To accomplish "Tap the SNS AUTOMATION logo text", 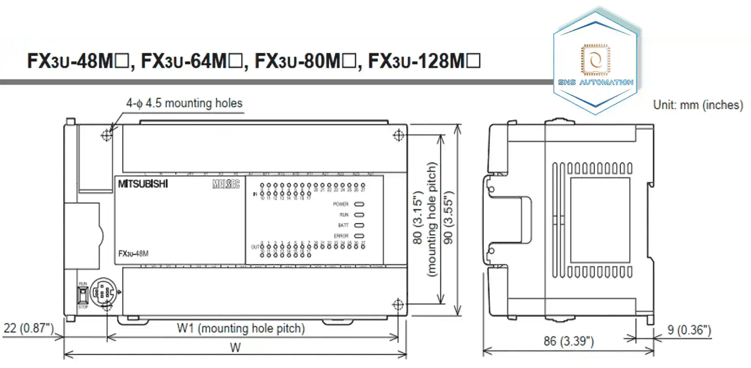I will coord(595,82).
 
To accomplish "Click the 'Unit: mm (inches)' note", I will coord(698,105).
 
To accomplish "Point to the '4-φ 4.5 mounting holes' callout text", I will coord(184,103).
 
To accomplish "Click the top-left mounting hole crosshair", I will coord(106,135).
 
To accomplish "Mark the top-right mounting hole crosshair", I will coord(399,135).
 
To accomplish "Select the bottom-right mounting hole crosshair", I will coord(398,305).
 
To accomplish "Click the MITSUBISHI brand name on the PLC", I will coord(143,184).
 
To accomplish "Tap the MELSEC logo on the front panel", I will coord(226,184).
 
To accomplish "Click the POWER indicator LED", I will coord(359,204).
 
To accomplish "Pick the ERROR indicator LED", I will coord(359,236).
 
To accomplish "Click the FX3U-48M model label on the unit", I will coord(133,253).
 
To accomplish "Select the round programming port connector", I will coord(104,293).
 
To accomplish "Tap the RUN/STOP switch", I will coord(83,295).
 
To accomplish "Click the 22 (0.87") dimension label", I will coord(29,328).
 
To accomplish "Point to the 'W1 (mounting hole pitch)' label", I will coord(241,329).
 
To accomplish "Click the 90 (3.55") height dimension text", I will coord(448,218).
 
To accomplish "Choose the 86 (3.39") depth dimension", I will coord(569,342).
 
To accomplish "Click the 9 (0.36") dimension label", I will coord(689,330).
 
